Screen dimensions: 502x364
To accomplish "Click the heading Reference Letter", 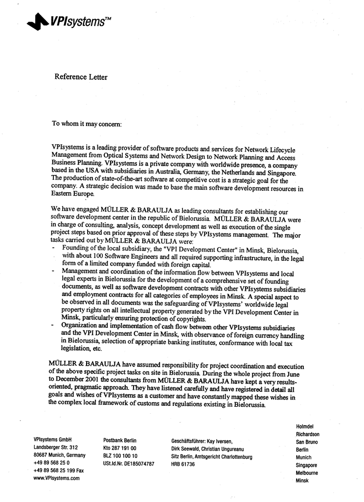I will click(81, 77).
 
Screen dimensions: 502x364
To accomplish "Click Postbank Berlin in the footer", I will click(120, 440).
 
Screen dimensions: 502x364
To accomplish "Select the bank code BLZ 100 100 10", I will click(120, 455).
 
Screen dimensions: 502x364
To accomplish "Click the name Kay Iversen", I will click(218, 441).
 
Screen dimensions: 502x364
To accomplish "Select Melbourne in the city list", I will click(307, 473).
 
